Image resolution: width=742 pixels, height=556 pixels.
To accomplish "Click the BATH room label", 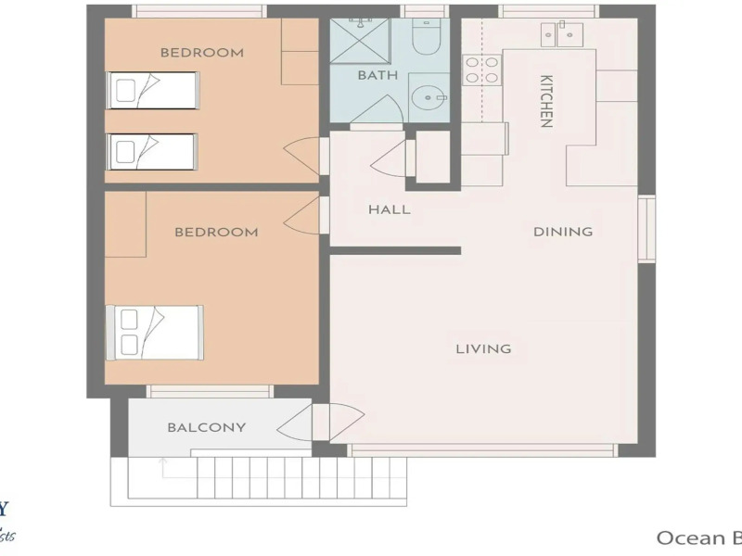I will [377, 74].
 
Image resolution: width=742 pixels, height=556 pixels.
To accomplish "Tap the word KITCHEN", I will [546, 101].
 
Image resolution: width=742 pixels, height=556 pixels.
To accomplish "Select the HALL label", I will [390, 209].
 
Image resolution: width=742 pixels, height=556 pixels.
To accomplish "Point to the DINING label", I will [563, 232].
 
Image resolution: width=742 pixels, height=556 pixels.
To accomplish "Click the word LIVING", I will [483, 349].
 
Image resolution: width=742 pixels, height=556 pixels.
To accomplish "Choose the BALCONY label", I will [207, 427].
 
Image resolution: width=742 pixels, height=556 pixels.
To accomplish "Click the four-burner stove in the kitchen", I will [482, 69].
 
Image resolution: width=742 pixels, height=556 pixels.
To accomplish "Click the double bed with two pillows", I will [155, 333].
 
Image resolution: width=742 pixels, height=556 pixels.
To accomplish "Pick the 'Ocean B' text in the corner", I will [698, 537].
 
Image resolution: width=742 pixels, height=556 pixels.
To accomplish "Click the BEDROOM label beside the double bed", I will [216, 232].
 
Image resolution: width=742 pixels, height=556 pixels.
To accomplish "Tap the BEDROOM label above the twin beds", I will [202, 53].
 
